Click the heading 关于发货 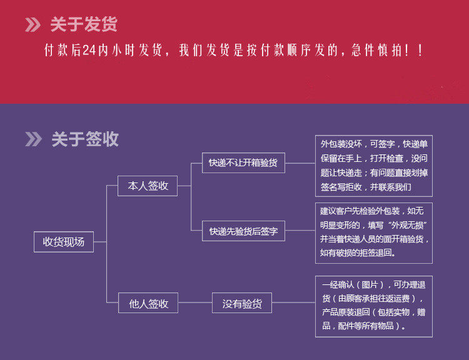click(x=84, y=25)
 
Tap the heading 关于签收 click(x=84, y=139)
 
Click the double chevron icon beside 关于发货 click(x=33, y=25)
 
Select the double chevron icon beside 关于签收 click(x=33, y=139)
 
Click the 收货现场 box click(x=63, y=241)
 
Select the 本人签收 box click(x=148, y=186)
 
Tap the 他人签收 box click(x=148, y=304)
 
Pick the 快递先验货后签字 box click(x=243, y=232)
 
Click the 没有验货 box click(x=241, y=304)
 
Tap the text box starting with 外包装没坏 click(x=373, y=165)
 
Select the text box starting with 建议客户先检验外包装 click(x=373, y=232)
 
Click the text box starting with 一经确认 click(x=373, y=305)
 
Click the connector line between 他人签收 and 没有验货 click(x=195, y=304)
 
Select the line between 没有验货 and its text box click(x=293, y=304)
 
